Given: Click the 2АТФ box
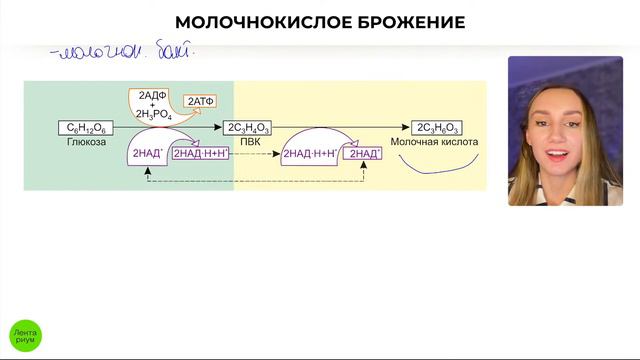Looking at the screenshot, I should click(203, 102).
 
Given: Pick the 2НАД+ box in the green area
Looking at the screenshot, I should click(146, 154).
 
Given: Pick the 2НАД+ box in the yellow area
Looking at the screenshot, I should click(362, 154).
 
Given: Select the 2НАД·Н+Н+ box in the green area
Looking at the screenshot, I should click(201, 154).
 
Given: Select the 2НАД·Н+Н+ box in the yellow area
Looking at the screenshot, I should click(311, 154).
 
